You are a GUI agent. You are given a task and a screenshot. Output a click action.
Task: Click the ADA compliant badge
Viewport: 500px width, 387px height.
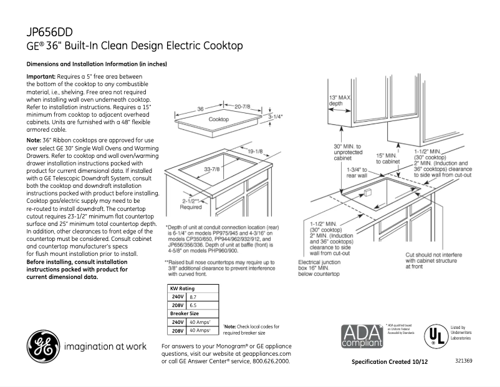[360, 335]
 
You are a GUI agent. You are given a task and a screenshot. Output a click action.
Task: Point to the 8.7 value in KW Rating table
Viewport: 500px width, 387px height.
[193, 296]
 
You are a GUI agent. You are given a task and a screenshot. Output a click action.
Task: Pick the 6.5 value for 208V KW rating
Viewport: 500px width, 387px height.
[193, 305]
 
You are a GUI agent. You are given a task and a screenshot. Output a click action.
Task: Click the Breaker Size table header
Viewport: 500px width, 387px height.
[185, 313]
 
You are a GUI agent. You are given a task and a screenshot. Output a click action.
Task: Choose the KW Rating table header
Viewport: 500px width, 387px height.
[183, 288]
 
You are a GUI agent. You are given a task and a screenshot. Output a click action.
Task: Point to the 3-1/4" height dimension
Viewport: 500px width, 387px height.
[276, 116]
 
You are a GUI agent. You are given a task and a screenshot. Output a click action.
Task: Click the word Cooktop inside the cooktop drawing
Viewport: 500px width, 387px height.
[219, 119]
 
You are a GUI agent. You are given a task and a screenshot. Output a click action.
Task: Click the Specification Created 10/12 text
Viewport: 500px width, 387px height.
[390, 362]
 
